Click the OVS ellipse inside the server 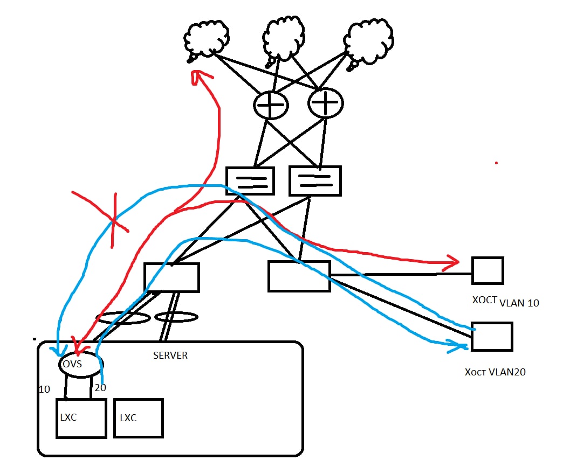pyautogui.click(x=80, y=364)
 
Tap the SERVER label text pyautogui.click(x=170, y=356)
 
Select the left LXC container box pyautogui.click(x=81, y=419)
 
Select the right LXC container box pyautogui.click(x=138, y=418)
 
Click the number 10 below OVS pyautogui.click(x=44, y=389)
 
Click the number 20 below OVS pyautogui.click(x=100, y=388)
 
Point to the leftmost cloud pyautogui.click(x=207, y=39)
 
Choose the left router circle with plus pyautogui.click(x=271, y=104)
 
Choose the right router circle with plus pyautogui.click(x=325, y=102)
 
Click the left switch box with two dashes pyautogui.click(x=250, y=181)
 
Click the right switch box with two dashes pyautogui.click(x=315, y=180)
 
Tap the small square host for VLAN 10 pyautogui.click(x=487, y=270)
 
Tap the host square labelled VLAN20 pyautogui.click(x=491, y=337)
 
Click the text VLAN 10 pyautogui.click(x=519, y=303)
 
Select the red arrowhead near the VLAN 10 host pyautogui.click(x=450, y=263)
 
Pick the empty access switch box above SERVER pyautogui.click(x=171, y=277)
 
